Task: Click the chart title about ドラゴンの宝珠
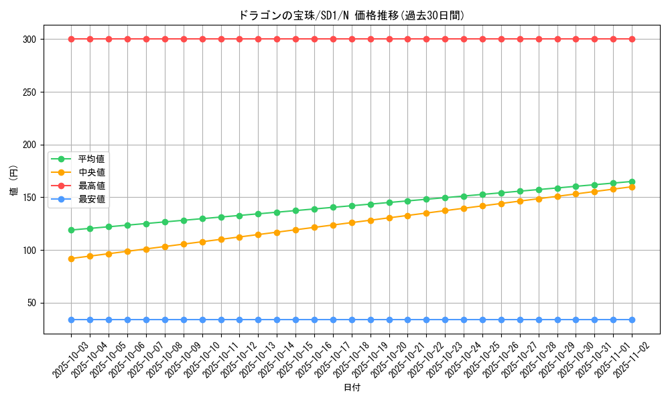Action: pos(351,15)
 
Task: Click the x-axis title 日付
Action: pos(351,388)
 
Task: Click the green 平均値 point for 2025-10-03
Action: pos(71,230)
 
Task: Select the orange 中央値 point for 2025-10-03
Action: pos(71,259)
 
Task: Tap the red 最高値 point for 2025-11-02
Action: pos(632,39)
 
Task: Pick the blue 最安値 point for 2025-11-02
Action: pos(632,320)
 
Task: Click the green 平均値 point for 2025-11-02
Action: pos(632,182)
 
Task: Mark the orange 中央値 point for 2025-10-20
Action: pos(389,218)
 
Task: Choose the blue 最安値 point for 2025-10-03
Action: pos(71,320)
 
